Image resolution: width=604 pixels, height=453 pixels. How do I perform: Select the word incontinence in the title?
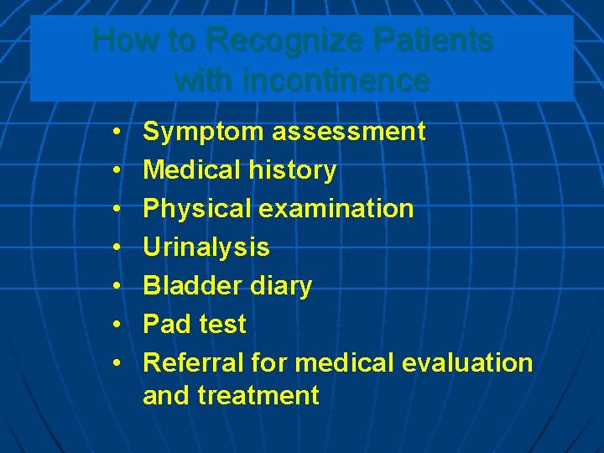click(333, 81)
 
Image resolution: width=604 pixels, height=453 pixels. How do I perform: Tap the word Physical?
click(197, 209)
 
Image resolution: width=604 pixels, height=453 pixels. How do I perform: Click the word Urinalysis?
click(206, 247)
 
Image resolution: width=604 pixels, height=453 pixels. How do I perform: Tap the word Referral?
click(194, 362)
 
